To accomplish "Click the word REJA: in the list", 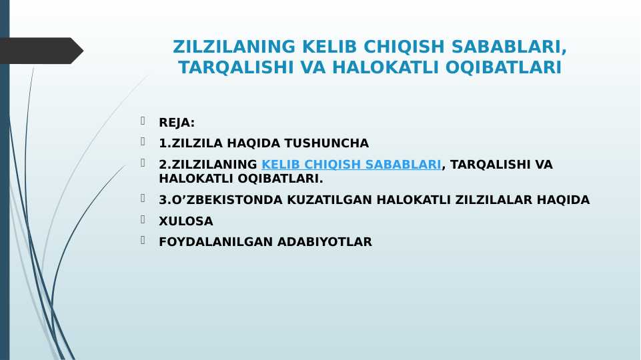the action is tap(177, 123).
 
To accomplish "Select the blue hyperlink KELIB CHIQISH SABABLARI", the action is tap(351, 164).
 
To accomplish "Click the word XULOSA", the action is tap(186, 221).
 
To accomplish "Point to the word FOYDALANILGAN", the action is tap(216, 242).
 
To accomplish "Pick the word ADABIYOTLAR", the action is tap(325, 242).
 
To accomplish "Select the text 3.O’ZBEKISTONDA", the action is tap(221, 200).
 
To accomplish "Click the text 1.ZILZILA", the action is tap(191, 143).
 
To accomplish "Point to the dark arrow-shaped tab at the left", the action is tap(41, 51).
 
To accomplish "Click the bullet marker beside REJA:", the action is tap(143, 121).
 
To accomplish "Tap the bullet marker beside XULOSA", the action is tap(143, 219).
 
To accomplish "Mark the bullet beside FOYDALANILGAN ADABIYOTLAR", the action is tap(143, 240).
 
